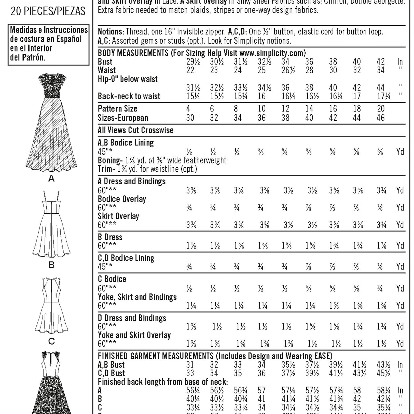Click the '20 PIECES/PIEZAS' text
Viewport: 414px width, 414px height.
pos(48,11)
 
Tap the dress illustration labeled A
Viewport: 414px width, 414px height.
pos(51,122)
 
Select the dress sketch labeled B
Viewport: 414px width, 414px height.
pos(51,224)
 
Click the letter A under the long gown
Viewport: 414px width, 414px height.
pos(51,179)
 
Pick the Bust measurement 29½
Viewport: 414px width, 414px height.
pos(193,62)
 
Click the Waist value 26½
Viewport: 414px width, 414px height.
pos(288,70)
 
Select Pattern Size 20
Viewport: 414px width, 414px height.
pos(381,109)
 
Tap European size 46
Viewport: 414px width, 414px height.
pos(381,118)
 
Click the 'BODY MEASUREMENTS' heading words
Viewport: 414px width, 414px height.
pos(133,53)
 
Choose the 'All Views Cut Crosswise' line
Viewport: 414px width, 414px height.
pos(135,130)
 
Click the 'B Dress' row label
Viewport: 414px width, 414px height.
pos(110,237)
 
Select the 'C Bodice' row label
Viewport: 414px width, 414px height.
pos(112,279)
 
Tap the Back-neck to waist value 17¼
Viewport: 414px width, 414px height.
pos(383,96)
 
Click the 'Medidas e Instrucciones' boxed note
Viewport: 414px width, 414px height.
pos(49,44)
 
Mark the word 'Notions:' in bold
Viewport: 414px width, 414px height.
pos(111,32)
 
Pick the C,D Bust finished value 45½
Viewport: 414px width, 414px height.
pos(383,373)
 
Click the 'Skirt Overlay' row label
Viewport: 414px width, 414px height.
pos(118,216)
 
